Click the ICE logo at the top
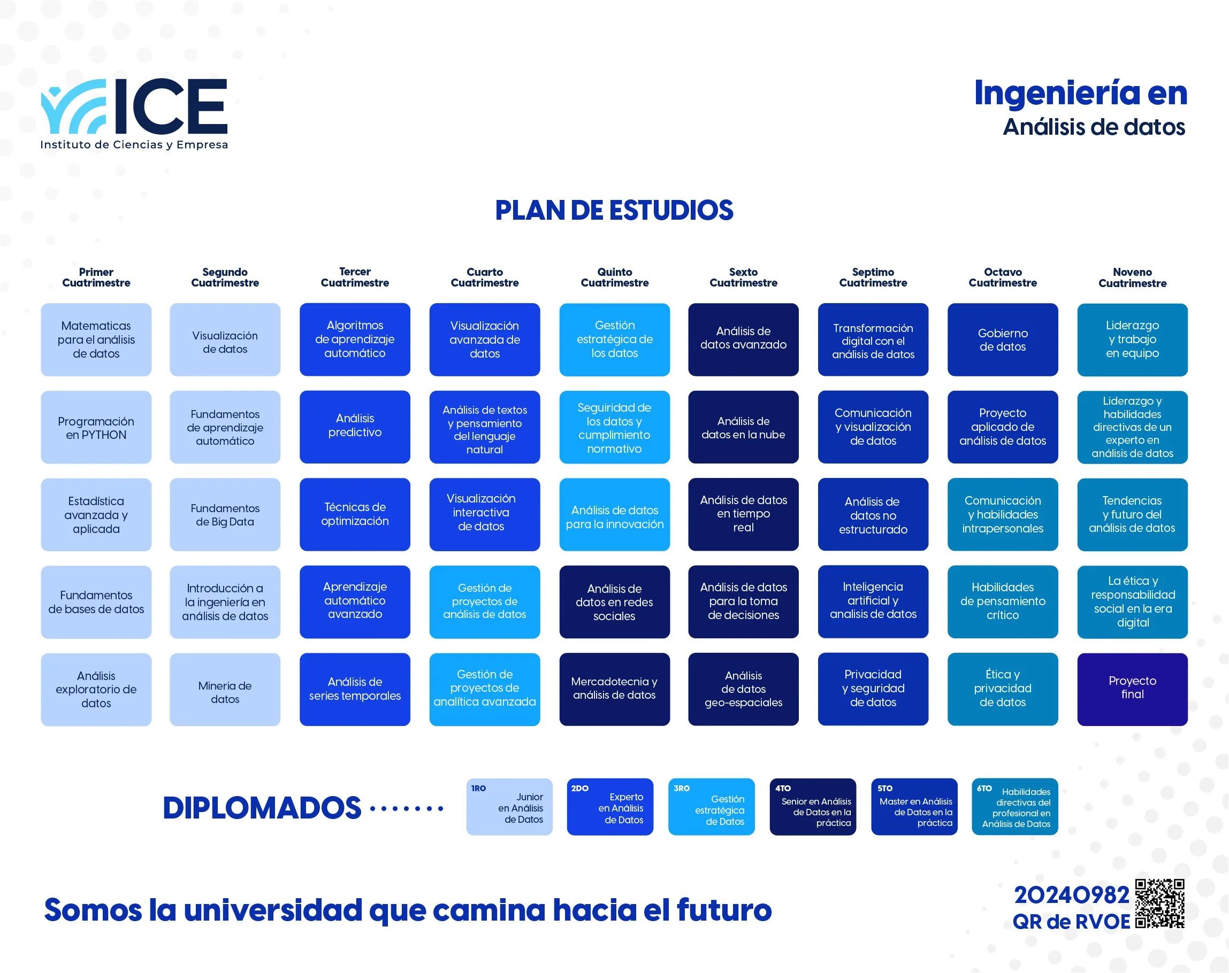tap(134, 113)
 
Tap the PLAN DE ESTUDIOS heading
tap(614, 210)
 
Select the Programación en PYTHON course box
tap(96, 427)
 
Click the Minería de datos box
tap(225, 689)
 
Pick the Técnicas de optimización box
tap(355, 514)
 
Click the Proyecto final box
tap(1132, 689)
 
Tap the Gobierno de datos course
tap(1002, 339)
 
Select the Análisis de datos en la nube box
tap(743, 427)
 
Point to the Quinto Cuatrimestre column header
tap(614, 277)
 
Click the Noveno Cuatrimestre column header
tap(1132, 277)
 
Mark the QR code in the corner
tap(1159, 903)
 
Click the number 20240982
tap(1071, 895)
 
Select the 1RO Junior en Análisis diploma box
tap(509, 807)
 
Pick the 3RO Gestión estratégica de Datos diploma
tap(711, 807)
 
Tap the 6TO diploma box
tap(1014, 807)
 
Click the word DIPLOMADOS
tap(262, 808)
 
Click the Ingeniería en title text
tap(1080, 93)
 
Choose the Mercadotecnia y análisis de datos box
tap(614, 689)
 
